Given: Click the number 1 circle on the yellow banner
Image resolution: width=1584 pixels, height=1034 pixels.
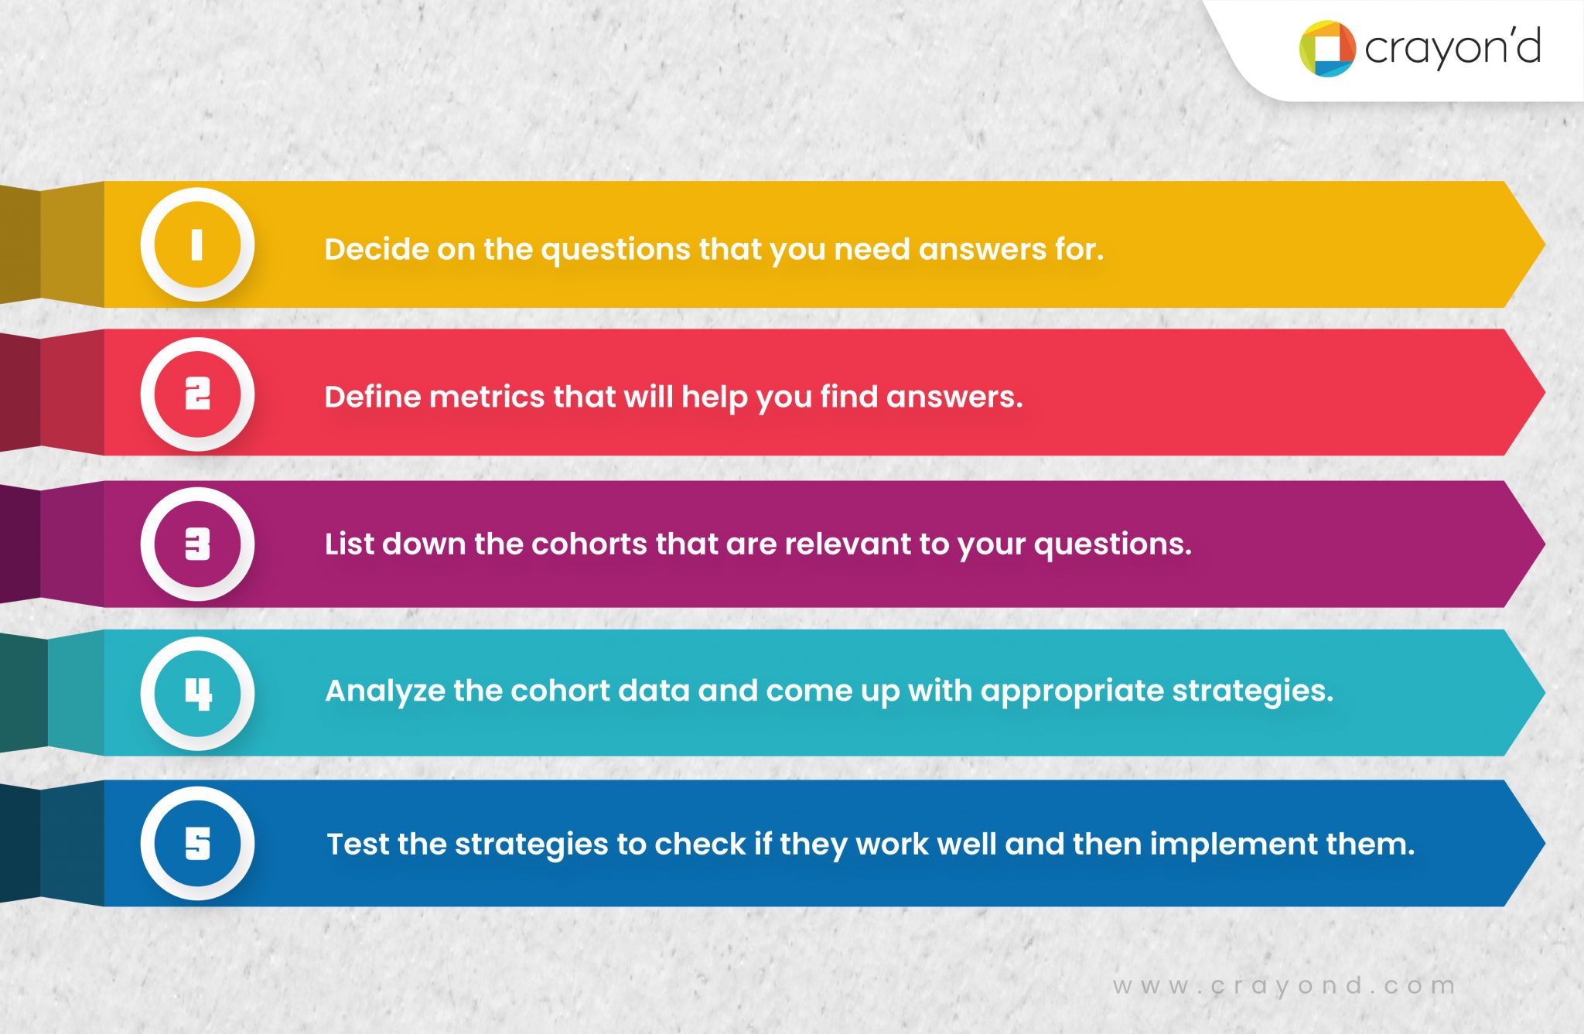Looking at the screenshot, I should coord(197,244).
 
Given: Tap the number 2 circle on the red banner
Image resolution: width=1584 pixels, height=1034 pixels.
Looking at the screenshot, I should coord(197,394).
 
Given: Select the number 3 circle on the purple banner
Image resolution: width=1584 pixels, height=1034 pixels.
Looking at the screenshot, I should coord(197,544).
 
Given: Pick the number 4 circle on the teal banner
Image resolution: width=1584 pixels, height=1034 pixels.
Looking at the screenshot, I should coord(197,693).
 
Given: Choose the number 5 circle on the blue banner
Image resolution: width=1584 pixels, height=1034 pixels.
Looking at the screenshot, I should coord(197,843).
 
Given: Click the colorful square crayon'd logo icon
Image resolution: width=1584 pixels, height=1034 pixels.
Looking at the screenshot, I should coord(1327,49).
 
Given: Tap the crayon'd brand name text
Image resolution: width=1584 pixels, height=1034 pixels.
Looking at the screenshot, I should coord(1453,48).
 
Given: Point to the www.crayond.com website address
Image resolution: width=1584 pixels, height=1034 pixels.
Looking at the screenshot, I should coord(1284,986).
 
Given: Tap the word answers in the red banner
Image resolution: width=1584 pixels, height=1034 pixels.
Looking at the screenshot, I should coord(954,397).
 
